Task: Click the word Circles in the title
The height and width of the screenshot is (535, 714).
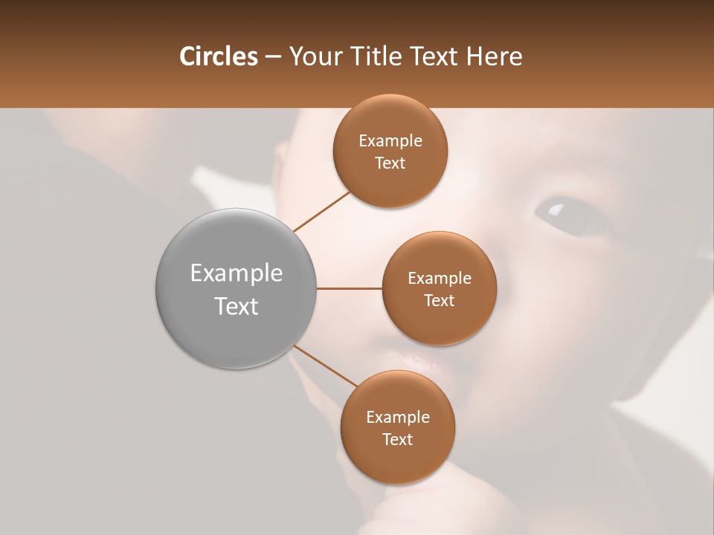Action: pos(219,56)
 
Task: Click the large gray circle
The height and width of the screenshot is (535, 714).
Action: pos(236,288)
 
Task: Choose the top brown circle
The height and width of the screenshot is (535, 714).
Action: pos(390,152)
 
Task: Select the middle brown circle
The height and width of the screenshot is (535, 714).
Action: pos(439,288)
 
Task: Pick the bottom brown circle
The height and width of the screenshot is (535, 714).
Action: pos(397,427)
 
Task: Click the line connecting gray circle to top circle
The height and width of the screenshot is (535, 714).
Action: pos(322,211)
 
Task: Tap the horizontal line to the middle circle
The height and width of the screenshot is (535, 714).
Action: pos(349,288)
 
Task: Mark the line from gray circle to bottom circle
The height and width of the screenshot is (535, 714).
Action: pos(325,366)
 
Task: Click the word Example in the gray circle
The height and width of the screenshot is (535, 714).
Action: pos(236,273)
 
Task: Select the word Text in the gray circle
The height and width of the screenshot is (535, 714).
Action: pos(236,306)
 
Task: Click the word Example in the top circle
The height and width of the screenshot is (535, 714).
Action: pos(390,140)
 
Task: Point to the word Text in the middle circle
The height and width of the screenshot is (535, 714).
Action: pos(439,300)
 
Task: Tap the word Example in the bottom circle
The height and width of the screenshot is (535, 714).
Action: pos(397,417)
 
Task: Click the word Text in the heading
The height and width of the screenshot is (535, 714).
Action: pos(434,56)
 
